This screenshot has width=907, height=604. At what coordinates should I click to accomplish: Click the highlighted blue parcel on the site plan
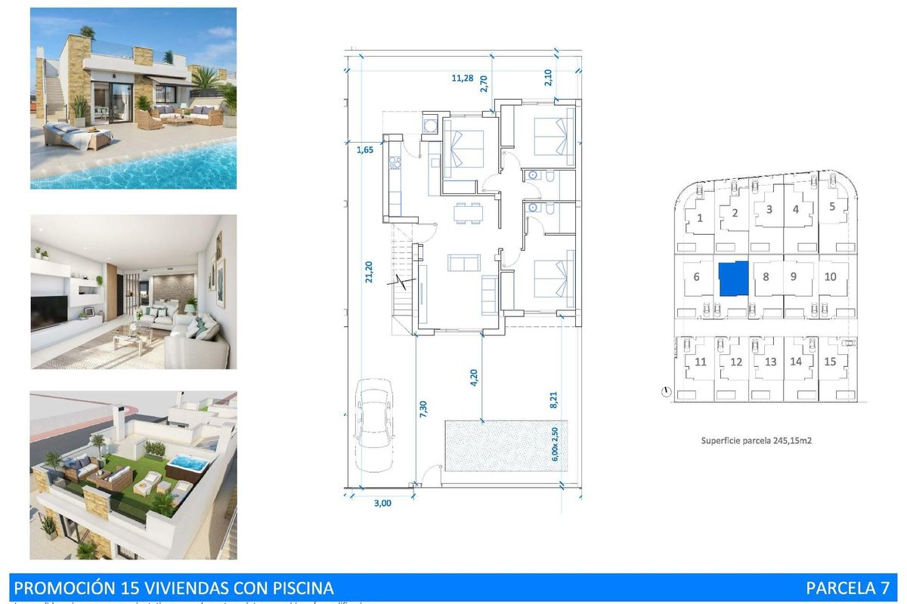tap(732, 279)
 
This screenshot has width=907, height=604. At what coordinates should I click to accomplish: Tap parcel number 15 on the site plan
tap(830, 362)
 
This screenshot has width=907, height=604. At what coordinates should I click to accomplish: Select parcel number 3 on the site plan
tap(769, 209)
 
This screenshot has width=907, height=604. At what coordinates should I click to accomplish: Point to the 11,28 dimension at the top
tap(463, 77)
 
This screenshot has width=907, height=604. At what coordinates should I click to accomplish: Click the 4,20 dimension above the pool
tap(474, 377)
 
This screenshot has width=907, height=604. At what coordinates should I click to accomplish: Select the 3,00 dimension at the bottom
tap(383, 504)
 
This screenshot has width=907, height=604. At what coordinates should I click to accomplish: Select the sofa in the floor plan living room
tap(464, 263)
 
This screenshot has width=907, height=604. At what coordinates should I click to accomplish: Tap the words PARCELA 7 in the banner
tap(847, 587)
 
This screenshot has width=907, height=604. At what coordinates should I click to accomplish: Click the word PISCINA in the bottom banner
tap(297, 587)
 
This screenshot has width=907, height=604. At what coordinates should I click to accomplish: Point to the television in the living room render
tap(49, 313)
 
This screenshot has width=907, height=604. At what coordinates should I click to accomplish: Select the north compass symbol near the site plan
tap(665, 391)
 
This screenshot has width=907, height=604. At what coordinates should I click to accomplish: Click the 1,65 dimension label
tap(365, 150)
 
